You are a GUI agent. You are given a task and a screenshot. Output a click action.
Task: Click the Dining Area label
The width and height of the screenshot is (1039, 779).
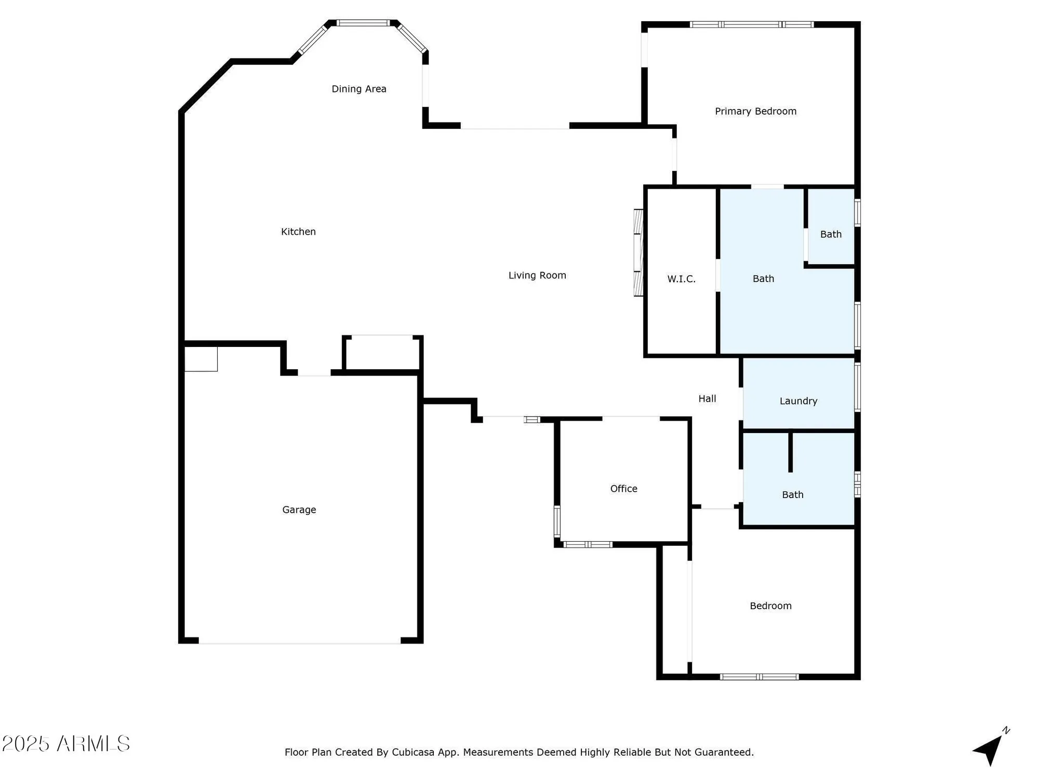tap(359, 89)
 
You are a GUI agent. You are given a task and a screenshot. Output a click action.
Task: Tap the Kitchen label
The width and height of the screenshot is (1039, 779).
tap(298, 232)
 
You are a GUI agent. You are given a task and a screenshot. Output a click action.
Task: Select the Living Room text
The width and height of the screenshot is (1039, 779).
tap(537, 275)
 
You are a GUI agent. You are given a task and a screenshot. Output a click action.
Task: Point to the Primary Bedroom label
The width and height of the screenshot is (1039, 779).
tap(755, 111)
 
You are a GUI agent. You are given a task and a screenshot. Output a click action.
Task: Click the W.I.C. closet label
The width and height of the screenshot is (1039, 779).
tap(681, 279)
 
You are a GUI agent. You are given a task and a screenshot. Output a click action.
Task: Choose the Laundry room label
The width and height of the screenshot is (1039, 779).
tap(798, 401)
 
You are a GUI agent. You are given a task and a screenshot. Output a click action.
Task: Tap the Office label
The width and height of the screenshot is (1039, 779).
tap(623, 489)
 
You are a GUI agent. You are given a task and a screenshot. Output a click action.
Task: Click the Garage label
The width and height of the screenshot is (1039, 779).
tap(299, 510)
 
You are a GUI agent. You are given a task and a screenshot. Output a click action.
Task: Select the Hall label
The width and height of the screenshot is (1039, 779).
tap(707, 399)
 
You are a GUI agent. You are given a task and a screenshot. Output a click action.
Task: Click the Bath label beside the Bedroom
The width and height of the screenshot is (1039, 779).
tap(793, 495)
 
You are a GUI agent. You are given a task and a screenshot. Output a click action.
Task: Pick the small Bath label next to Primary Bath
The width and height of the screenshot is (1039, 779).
tap(831, 234)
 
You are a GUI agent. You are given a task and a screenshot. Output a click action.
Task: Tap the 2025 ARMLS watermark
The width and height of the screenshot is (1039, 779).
tap(66, 744)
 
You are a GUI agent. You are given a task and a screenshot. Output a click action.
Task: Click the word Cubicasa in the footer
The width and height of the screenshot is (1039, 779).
tap(413, 752)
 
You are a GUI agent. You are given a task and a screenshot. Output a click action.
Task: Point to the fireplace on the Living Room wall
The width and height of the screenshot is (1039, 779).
tap(638, 253)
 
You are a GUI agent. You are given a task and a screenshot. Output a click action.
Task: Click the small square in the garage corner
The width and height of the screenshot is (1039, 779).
tap(201, 359)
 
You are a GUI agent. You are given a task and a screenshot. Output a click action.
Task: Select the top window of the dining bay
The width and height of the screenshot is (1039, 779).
tap(363, 23)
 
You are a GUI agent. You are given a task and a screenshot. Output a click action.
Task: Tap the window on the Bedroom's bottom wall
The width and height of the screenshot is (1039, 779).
tap(759, 677)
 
